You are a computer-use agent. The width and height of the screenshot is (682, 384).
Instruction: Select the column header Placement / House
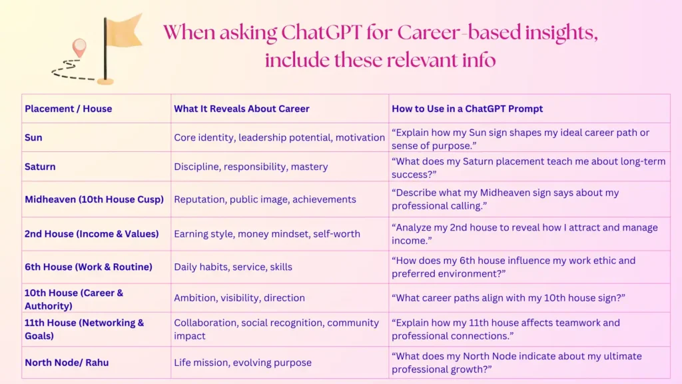69,109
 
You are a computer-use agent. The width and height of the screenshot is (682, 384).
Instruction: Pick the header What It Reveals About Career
242,109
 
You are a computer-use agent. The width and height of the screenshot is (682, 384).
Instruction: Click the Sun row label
33,137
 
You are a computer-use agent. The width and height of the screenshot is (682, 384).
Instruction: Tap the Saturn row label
40,167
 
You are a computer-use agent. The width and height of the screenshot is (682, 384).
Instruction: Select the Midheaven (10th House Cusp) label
94,199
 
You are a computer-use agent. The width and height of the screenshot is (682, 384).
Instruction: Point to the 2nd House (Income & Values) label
92,233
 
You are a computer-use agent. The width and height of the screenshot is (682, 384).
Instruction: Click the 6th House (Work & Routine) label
89,267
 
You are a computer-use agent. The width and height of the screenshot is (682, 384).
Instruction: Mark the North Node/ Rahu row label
67,363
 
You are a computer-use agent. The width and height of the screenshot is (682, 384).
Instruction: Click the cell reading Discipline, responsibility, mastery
251,167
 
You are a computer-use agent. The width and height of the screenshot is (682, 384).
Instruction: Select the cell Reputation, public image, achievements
265,199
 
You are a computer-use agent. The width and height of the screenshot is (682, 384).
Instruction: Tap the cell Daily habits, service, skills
233,267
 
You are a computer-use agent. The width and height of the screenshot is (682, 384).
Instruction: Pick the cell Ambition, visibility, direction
239,298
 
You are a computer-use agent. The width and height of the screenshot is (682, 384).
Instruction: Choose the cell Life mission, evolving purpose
242,363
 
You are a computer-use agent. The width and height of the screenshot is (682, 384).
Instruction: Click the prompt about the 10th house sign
508,298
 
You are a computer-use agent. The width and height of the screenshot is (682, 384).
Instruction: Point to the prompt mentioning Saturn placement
528,167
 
